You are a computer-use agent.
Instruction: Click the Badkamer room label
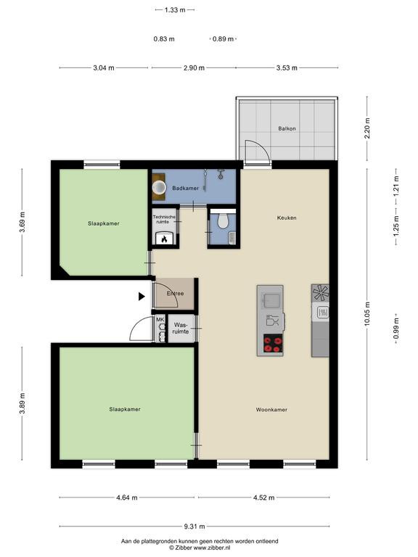click(x=185, y=189)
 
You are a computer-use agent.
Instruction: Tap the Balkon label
click(x=287, y=128)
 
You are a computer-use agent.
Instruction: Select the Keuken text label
click(x=287, y=218)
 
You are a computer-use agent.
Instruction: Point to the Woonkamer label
click(x=271, y=410)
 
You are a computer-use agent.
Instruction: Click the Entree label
click(x=175, y=294)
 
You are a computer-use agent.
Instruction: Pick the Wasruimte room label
click(x=181, y=329)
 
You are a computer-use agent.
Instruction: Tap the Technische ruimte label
click(x=164, y=219)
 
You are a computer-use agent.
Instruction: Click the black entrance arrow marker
click(x=142, y=296)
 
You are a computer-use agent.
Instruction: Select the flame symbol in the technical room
click(x=164, y=239)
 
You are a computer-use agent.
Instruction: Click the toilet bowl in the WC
click(x=223, y=221)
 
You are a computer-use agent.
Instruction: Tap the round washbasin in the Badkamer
click(x=159, y=187)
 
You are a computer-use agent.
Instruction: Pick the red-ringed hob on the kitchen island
click(x=273, y=344)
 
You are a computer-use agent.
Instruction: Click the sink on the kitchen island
click(x=271, y=300)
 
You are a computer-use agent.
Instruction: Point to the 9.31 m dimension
click(x=194, y=527)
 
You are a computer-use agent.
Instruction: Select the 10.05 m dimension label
click(x=367, y=314)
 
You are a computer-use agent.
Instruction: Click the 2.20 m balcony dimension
click(x=367, y=128)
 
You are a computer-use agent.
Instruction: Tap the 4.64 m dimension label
click(x=126, y=498)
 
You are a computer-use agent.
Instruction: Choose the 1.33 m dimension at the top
click(x=175, y=10)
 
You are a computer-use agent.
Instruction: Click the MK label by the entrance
click(x=160, y=319)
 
